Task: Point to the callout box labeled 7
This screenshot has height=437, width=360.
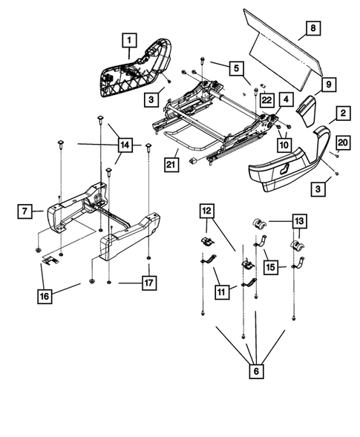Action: click(x=24, y=212)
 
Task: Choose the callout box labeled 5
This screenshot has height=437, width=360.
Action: click(x=238, y=68)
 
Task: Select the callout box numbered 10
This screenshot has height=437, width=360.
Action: click(x=284, y=145)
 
